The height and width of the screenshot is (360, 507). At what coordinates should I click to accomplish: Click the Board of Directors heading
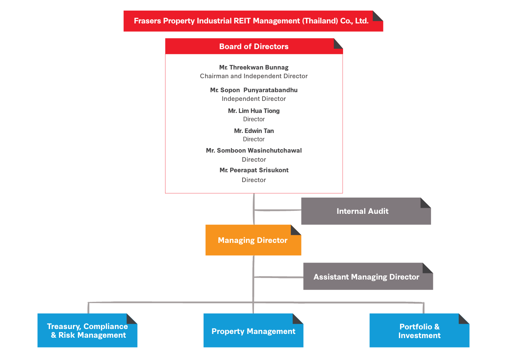pyautogui.click(x=253, y=46)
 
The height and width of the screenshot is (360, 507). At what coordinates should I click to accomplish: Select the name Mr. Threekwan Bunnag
pyautogui.click(x=253, y=67)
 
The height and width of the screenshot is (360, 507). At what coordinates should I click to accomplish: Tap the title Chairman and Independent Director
pyautogui.click(x=253, y=76)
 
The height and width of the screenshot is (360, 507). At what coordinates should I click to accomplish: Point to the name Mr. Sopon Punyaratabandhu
pyautogui.click(x=253, y=90)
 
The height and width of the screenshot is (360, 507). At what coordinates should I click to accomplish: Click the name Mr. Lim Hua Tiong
pyautogui.click(x=253, y=111)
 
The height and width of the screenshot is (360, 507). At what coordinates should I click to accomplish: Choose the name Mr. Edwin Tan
pyautogui.click(x=253, y=131)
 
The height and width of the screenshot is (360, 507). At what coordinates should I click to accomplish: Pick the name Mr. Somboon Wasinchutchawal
pyautogui.click(x=253, y=150)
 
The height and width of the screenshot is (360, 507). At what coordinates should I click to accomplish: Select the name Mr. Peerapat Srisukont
pyautogui.click(x=253, y=170)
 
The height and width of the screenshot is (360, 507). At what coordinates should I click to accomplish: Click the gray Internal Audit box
pyautogui.click(x=363, y=212)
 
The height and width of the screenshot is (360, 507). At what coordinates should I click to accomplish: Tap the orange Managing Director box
pyautogui.click(x=253, y=240)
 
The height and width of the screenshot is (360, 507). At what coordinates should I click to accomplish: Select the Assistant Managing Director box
pyautogui.click(x=366, y=277)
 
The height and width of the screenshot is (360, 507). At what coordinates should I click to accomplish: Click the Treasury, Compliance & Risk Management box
pyautogui.click(x=87, y=331)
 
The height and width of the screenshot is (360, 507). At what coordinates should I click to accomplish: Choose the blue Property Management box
pyautogui.click(x=253, y=331)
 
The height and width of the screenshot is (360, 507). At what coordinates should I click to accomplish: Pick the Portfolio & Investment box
pyautogui.click(x=419, y=331)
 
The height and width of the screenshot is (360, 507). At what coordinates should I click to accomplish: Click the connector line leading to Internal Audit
pyautogui.click(x=278, y=210)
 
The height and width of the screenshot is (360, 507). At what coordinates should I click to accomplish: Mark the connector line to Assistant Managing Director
pyautogui.click(x=279, y=277)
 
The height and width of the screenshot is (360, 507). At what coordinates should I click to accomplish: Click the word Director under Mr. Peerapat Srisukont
pyautogui.click(x=253, y=180)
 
